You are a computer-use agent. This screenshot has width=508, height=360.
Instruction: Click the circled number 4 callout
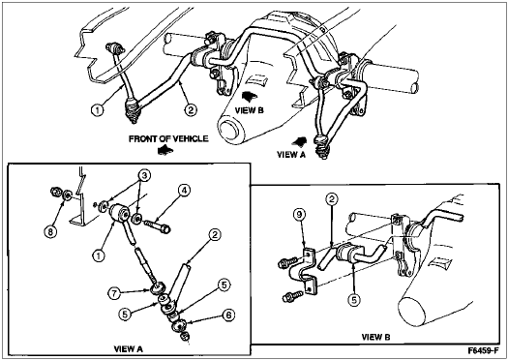tap(184, 191)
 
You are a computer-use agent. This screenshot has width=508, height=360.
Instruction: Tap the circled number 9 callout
tap(300, 215)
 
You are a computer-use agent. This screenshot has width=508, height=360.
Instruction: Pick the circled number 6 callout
tap(228, 315)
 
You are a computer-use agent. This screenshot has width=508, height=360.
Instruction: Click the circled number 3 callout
tap(143, 175)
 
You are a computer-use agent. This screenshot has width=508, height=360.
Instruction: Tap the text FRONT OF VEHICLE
tap(168, 139)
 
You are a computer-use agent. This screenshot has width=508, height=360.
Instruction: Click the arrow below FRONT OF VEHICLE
tap(165, 150)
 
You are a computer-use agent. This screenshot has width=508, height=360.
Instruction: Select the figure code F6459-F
tap(482, 350)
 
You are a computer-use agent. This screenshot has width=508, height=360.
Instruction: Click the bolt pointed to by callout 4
tap(158, 225)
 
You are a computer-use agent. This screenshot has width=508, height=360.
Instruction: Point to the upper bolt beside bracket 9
tap(287, 262)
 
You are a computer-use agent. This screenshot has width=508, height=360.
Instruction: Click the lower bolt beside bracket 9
tap(292, 296)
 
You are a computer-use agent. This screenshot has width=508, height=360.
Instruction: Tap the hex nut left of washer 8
tap(55, 192)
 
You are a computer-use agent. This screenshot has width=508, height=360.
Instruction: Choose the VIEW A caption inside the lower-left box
tap(129, 348)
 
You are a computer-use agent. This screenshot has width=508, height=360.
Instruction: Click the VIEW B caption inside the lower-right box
tap(375, 337)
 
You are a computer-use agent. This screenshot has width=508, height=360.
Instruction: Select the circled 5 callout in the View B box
tap(354, 300)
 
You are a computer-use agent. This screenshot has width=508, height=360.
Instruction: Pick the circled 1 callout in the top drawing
tap(97, 110)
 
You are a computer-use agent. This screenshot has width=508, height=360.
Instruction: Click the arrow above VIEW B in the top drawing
tap(250, 96)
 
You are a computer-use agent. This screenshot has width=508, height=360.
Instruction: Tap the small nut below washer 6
tap(185, 337)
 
